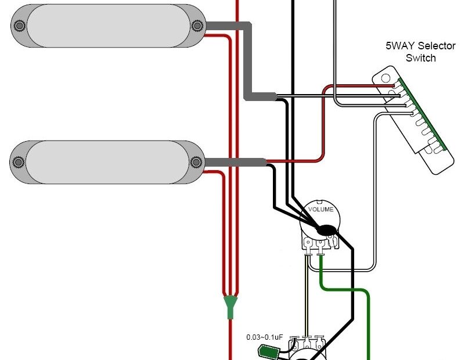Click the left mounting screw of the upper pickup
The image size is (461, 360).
pyautogui.click(x=19, y=26)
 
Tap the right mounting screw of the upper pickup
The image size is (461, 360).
pyautogui.click(x=197, y=26)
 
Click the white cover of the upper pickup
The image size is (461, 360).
pyautogui.click(x=108, y=26)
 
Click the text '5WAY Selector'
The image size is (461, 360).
pyautogui.click(x=420, y=46)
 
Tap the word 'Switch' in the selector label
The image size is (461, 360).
pyautogui.click(x=420, y=57)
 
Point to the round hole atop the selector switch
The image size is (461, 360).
pyautogui.click(x=385, y=76)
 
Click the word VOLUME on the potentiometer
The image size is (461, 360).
pyautogui.click(x=320, y=209)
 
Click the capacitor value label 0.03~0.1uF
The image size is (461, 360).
pyautogui.click(x=264, y=337)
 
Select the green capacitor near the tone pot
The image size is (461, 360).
pyautogui.click(x=269, y=350)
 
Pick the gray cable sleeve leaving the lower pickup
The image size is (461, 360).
pyautogui.click(x=235, y=162)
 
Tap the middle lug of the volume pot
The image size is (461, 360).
pyautogui.click(x=319, y=250)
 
